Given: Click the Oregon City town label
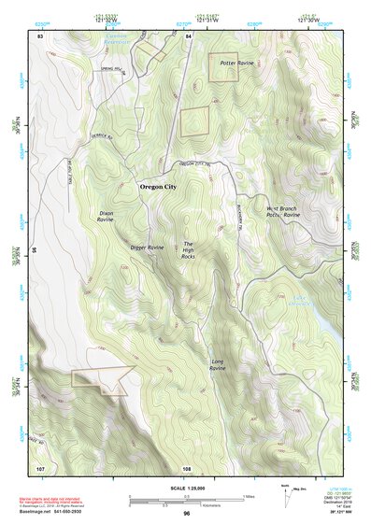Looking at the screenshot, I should click(x=158, y=187).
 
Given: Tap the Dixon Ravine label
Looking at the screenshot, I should click(x=106, y=217).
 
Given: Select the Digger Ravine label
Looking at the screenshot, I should click(x=147, y=248).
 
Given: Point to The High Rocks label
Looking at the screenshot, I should click(x=188, y=249).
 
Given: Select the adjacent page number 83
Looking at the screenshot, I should click(x=40, y=35).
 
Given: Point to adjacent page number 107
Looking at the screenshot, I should click(x=40, y=467).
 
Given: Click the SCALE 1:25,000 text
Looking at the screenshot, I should click(x=186, y=487).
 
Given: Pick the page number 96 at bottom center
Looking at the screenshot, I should click(x=186, y=514).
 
